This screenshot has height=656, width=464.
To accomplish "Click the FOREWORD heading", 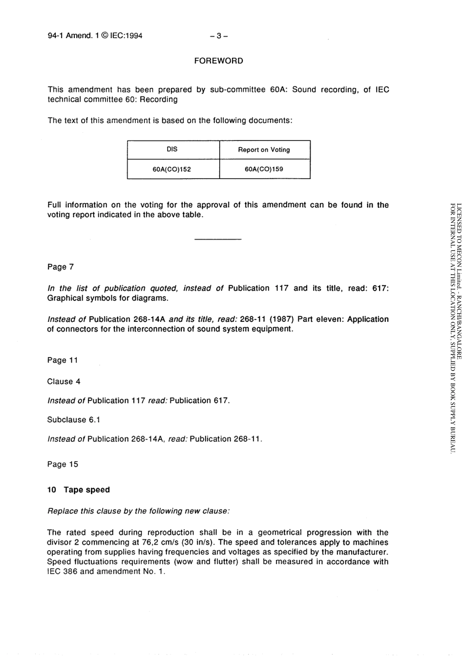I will pos(218,61).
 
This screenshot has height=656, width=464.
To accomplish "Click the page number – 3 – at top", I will pos(218,36).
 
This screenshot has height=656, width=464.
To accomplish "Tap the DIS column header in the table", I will pos(172,150).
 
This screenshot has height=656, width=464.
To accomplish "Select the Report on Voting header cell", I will pos(264,150).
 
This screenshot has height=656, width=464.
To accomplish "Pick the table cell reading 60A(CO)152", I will pos(172,169).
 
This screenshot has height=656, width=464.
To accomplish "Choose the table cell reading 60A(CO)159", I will pos(264,169).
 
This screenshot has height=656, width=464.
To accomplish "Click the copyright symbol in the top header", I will pos(105,36).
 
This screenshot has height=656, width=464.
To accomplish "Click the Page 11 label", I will pos(63,360).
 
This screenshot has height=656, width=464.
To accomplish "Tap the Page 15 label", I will pos(63,464).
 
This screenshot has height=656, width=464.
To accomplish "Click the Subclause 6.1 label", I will pos(73,420).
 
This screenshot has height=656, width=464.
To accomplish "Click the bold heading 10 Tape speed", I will pos(79,490).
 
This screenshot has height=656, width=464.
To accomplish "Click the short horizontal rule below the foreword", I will pos(218,239).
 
